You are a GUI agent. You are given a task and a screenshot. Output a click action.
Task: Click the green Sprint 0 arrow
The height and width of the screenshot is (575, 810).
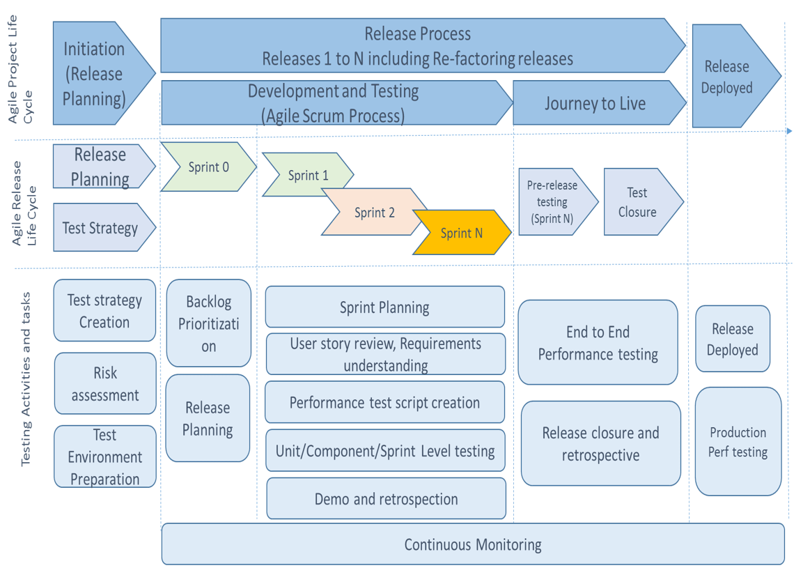pos(208,167)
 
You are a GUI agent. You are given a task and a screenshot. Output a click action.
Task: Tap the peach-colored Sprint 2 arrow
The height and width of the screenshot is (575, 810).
pos(374,212)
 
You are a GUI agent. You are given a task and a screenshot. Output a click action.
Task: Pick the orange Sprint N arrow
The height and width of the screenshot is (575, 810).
pos(461,233)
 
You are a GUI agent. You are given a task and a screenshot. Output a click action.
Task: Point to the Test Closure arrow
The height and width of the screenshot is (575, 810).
pos(639,202)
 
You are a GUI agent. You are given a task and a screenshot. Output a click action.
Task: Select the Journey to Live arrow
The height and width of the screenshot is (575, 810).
pos(595,104)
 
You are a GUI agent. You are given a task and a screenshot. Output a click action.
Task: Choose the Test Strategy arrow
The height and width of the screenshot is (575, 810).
pos(101,228)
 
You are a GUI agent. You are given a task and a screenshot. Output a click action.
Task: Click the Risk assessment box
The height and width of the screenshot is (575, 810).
pos(105,384)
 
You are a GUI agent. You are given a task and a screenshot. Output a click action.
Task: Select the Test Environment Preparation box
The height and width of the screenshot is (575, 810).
pos(105,457)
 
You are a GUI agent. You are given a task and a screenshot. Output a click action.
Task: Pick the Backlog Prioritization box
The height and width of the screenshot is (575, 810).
pos(208,323)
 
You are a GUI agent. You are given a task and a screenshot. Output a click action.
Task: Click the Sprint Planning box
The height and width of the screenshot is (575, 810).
pos(384,307)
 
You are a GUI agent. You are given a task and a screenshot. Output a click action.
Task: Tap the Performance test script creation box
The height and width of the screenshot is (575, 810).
pos(384,403)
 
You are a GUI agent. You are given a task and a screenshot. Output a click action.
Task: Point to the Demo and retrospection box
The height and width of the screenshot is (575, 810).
pos(386,499)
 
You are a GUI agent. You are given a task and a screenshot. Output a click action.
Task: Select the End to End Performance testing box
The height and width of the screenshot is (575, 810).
pos(598,343)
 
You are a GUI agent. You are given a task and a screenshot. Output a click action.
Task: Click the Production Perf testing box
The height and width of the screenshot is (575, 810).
pos(738,442)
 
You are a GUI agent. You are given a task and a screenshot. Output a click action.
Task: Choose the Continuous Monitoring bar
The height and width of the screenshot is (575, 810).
pos(473,544)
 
